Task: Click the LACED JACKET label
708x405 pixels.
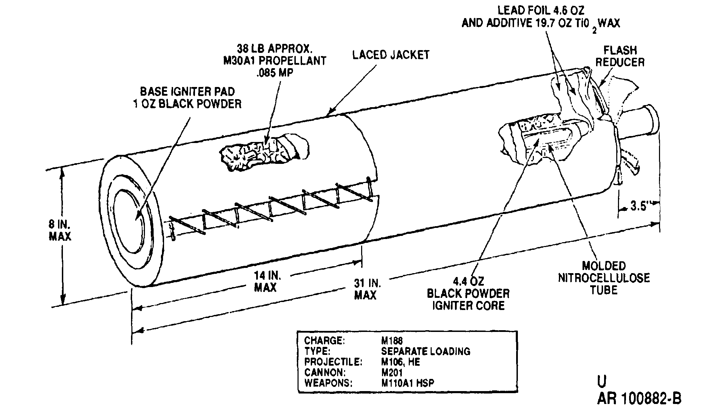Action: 391,55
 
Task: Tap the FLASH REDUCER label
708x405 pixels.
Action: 620,56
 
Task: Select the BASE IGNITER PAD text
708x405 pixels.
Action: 187,92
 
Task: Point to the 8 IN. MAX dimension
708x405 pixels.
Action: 60,230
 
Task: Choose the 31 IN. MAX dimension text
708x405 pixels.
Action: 366,289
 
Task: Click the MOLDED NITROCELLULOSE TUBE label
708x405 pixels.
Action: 604,278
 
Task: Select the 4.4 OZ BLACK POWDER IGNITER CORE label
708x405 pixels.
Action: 468,293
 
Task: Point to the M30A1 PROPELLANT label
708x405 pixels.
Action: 275,61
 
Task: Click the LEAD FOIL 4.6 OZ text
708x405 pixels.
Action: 541,11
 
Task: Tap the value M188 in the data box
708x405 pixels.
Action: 392,340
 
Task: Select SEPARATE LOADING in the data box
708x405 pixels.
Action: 426,351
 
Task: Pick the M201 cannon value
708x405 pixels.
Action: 392,372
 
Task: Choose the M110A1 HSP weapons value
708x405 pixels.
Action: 408,383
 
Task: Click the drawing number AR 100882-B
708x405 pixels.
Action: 640,397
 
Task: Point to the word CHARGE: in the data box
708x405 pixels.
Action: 325,340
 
